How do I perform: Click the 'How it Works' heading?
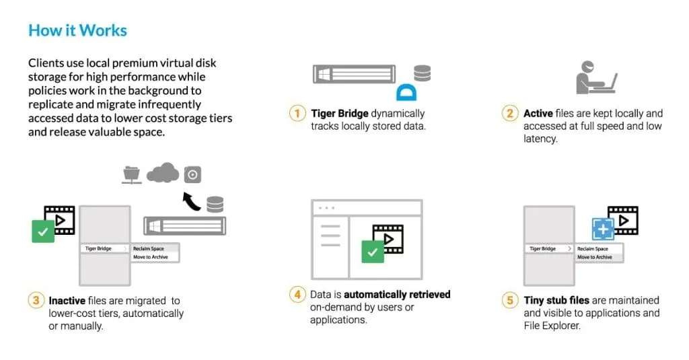pyautogui.click(x=78, y=30)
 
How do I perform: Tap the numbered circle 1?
pyautogui.click(x=297, y=114)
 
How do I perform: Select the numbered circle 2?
pyautogui.click(x=510, y=114)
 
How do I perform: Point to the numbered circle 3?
pyautogui.click(x=36, y=301)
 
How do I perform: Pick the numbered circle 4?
pyautogui.click(x=297, y=294)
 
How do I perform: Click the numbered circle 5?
pyautogui.click(x=510, y=300)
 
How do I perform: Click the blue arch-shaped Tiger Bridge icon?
pyautogui.click(x=406, y=93)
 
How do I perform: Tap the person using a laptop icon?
pyautogui.click(x=596, y=77)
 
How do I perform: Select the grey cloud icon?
pyautogui.click(x=163, y=172)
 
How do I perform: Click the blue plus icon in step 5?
pyautogui.click(x=603, y=229)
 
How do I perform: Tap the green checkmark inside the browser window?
pyautogui.click(x=373, y=252)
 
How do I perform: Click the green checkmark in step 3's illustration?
pyautogui.click(x=43, y=231)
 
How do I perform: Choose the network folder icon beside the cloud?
pyautogui.click(x=131, y=174)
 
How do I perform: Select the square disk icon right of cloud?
pyautogui.click(x=192, y=174)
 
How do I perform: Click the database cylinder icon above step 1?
pyautogui.click(x=423, y=73)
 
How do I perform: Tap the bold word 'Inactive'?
pyautogui.click(x=67, y=301)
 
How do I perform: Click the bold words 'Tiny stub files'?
pyautogui.click(x=556, y=300)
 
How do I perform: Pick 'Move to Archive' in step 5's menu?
pyautogui.click(x=595, y=257)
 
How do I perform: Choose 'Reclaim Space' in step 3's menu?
pyautogui.click(x=149, y=249)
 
